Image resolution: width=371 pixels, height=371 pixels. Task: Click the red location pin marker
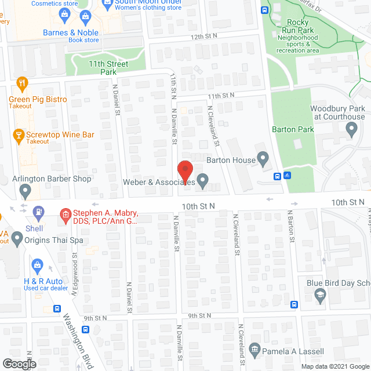click(184, 170)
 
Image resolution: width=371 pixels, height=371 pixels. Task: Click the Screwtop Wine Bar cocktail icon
click(17, 135)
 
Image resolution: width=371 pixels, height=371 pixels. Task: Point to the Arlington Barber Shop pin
click(25, 190)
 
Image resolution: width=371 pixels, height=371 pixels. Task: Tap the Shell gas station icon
click(39, 213)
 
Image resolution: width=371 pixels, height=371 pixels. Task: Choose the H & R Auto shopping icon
click(38, 266)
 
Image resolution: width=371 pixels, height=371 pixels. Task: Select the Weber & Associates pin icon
click(202, 182)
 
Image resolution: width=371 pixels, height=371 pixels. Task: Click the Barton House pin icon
click(263, 158)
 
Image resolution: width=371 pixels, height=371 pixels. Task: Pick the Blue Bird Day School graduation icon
click(319, 296)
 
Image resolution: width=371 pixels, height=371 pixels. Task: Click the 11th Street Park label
click(92, 68)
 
